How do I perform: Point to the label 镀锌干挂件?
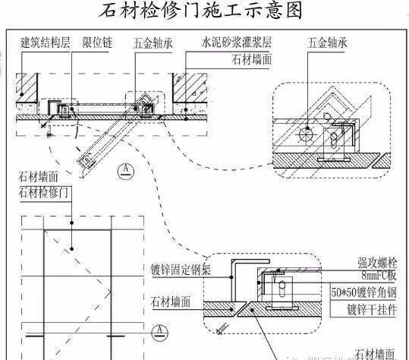pos(372,308)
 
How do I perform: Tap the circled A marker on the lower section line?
pos(157,330)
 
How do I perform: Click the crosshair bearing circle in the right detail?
pos(306,134)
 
